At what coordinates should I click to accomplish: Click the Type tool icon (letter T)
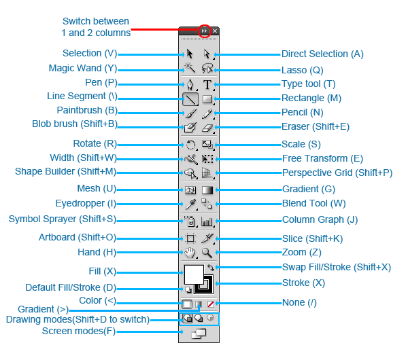coord(207,85)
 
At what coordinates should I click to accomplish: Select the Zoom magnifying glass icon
coord(207,253)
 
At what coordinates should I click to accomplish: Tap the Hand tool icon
coord(190,253)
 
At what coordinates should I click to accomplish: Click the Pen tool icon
coord(190,85)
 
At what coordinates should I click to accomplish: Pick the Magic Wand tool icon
coord(190,69)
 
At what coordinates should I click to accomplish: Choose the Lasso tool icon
coord(207,69)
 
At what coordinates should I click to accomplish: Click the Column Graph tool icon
coord(207,221)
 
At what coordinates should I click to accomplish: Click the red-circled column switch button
coord(204,31)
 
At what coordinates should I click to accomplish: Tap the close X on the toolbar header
coord(215,31)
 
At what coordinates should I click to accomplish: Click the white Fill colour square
coord(193,274)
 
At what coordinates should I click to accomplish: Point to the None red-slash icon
coord(211,304)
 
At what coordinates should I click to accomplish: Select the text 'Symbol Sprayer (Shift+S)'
coord(63,219)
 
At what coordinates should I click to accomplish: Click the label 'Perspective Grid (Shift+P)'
coord(337,173)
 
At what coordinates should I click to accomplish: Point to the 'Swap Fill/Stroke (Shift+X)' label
coord(336,267)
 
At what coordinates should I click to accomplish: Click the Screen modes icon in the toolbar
coord(198,333)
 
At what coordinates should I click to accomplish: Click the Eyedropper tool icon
coord(190,204)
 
